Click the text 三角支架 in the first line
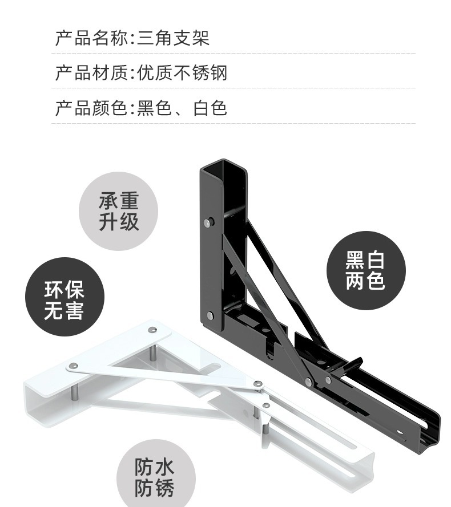173,38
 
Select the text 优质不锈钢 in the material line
182,73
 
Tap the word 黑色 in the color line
154,108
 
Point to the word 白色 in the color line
210,108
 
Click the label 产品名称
91,38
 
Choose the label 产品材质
91,73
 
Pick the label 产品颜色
91,108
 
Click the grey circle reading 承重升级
118,212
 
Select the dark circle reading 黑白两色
365,270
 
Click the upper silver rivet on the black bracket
208,221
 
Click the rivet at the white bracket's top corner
152,330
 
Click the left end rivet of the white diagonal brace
73,365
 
